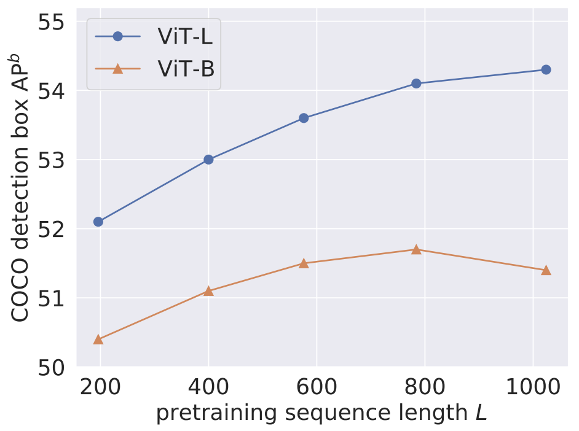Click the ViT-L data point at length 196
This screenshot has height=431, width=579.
[x=98, y=222]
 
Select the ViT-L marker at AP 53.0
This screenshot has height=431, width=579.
[x=208, y=160]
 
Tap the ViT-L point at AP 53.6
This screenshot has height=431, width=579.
[x=304, y=118]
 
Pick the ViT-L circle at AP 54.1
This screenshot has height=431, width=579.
[x=416, y=83]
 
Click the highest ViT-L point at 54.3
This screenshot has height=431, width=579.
[x=546, y=69]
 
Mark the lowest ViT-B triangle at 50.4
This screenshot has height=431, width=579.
[x=98, y=339]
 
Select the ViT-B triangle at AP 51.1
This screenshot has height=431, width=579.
[x=208, y=290]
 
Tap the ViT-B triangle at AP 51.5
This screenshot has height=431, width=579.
[x=304, y=263]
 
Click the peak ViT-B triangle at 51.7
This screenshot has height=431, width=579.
[x=416, y=249]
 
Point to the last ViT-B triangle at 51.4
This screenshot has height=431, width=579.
[x=546, y=270]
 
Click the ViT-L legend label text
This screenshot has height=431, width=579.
[x=186, y=36]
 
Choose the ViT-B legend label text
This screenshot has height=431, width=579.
[x=186, y=69]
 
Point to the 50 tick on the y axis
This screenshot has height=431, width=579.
[x=52, y=368]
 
